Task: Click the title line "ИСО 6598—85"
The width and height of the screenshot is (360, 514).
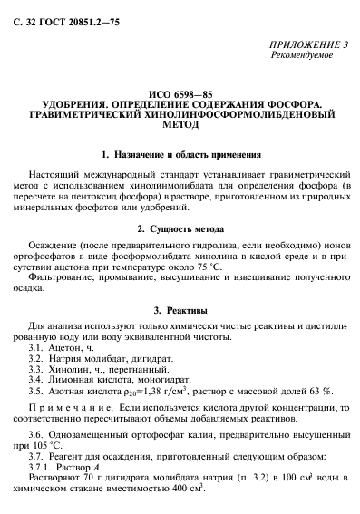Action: coord(181,94)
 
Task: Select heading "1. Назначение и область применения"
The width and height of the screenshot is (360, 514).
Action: coord(181,155)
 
